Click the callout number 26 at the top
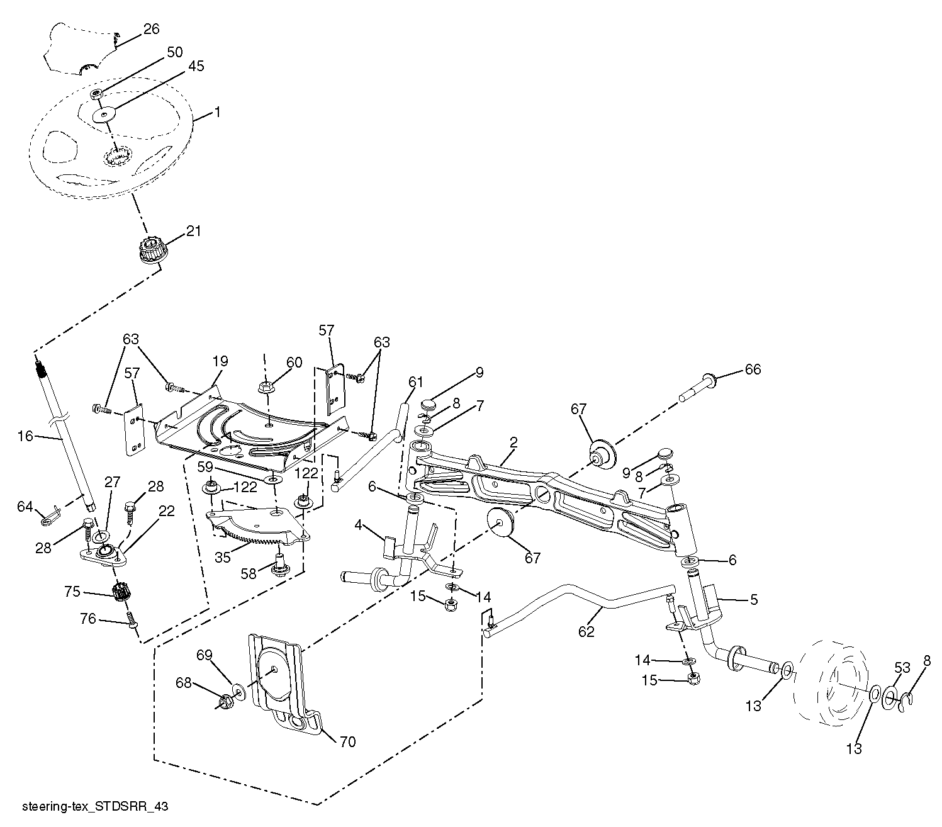coord(151,29)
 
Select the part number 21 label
coord(193,231)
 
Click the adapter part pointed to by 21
coord(151,250)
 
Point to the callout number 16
coord(25,436)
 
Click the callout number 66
coord(753,369)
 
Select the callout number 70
coord(347,742)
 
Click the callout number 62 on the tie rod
coord(586,631)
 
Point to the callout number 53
coord(902,667)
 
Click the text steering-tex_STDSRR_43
coord(94,806)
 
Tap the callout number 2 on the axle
coord(513,443)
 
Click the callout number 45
coord(196,66)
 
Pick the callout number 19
coord(220,361)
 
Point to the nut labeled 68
coord(223,701)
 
